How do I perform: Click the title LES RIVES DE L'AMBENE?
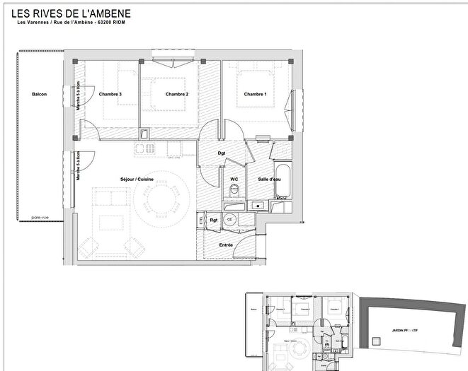coord(72,14)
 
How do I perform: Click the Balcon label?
coord(39,95)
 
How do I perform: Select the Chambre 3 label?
coord(110,95)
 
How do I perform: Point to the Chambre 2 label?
coord(176,95)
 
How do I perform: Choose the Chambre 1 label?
coord(256,95)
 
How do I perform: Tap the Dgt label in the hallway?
coord(221,153)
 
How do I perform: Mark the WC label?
coord(234,179)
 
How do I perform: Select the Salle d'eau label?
coord(267,179)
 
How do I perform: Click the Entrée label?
coord(226,245)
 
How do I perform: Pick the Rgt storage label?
coord(214,220)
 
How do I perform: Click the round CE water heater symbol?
coord(230,220)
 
